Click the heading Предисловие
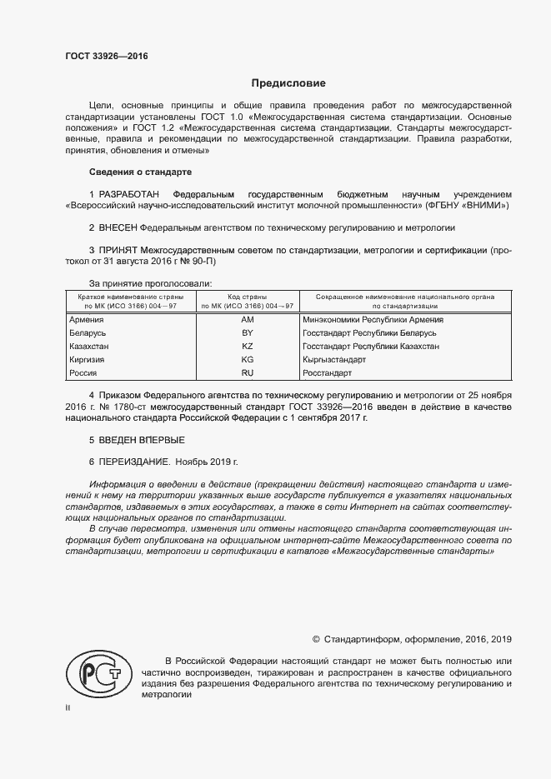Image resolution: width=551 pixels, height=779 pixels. point(289,84)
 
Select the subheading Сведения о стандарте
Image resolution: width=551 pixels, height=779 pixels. point(140,172)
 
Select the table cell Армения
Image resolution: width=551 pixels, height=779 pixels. point(87,319)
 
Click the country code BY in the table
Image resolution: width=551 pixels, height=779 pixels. point(247,332)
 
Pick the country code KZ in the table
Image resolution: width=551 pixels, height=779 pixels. point(247,346)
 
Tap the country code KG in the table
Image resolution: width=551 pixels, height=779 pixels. point(247,359)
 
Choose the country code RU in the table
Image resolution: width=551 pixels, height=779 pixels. point(247,372)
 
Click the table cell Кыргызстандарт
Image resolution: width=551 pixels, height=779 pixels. point(333,359)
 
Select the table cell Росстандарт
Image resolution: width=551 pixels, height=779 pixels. point(328,372)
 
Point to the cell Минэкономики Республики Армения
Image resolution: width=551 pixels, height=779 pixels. point(373,319)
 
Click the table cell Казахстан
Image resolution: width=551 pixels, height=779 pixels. point(89,346)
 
